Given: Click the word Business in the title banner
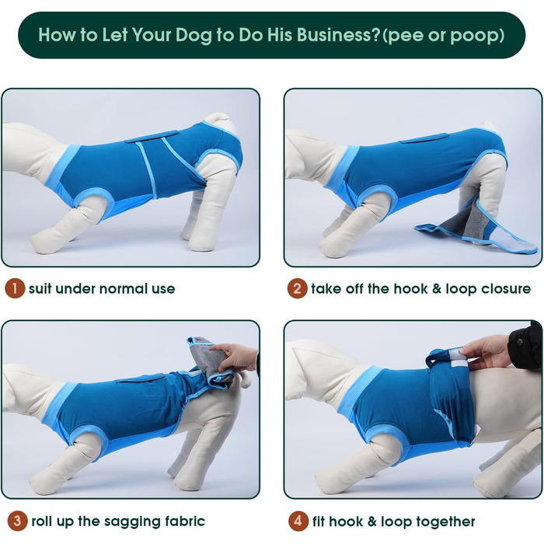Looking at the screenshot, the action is (x=338, y=34).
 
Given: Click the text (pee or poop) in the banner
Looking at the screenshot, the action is (x=443, y=36).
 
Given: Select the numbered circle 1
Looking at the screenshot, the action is (x=15, y=288).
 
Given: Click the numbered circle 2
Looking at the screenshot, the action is (x=297, y=288).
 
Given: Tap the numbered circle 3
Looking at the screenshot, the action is (x=16, y=521).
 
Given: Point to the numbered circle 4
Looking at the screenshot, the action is (x=298, y=521).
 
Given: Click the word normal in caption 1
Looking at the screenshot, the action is (x=122, y=288).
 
